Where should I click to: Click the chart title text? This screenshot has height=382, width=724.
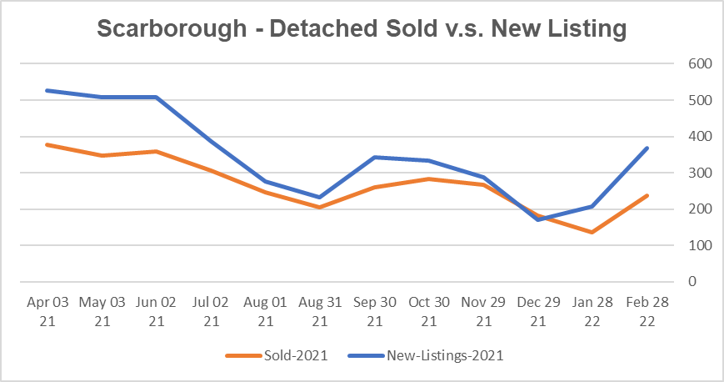click(362, 28)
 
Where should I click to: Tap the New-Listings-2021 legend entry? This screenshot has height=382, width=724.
click(445, 355)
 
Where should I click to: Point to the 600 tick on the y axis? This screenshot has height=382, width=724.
click(699, 64)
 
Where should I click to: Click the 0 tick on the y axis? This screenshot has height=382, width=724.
click(691, 282)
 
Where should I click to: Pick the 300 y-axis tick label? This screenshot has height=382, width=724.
click(699, 173)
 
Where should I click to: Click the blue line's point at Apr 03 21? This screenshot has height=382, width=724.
click(47, 90)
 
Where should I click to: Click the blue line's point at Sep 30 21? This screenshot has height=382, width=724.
click(373, 157)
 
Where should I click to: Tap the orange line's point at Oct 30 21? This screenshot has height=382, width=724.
click(428, 178)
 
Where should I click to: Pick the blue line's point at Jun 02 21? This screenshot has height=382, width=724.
click(156, 98)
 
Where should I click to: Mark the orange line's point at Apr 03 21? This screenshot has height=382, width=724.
click(47, 144)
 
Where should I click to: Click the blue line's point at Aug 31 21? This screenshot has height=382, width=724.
click(319, 198)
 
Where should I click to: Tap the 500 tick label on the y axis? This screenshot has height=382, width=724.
click(699, 100)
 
